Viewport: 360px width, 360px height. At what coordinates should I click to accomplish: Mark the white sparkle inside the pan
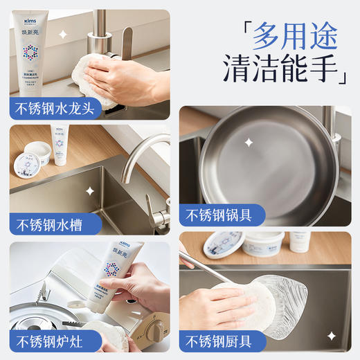click(x=248, y=142)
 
